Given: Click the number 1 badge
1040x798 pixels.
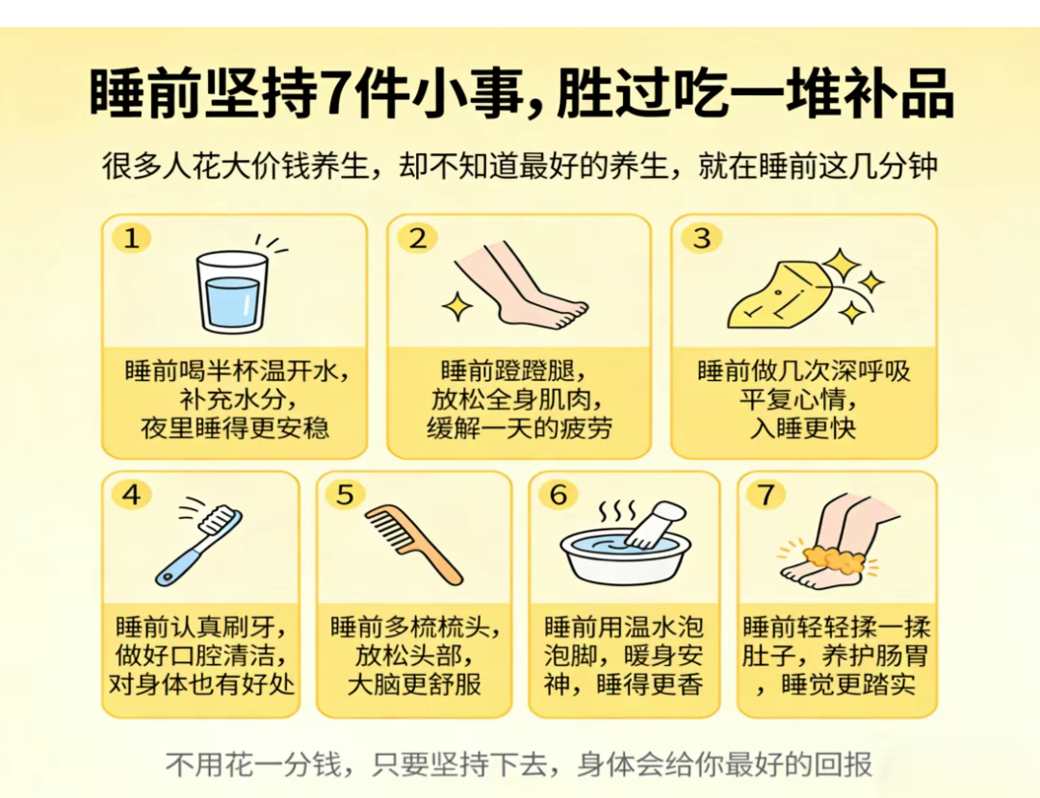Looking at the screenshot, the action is (131, 238).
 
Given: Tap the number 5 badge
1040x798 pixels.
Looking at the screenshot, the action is (345, 495).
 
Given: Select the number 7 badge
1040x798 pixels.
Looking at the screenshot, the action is (767, 495).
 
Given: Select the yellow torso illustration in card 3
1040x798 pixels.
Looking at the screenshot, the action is (779, 296).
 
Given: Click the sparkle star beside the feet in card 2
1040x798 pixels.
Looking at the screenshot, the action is (457, 307).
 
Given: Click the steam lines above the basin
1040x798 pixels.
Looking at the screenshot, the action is (617, 512).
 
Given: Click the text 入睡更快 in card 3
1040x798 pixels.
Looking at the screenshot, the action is (803, 428).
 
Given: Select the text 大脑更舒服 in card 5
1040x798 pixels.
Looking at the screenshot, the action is (414, 684).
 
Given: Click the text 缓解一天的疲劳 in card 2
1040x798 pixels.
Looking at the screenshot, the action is (519, 428).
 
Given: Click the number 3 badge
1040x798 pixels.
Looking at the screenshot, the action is (702, 238).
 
